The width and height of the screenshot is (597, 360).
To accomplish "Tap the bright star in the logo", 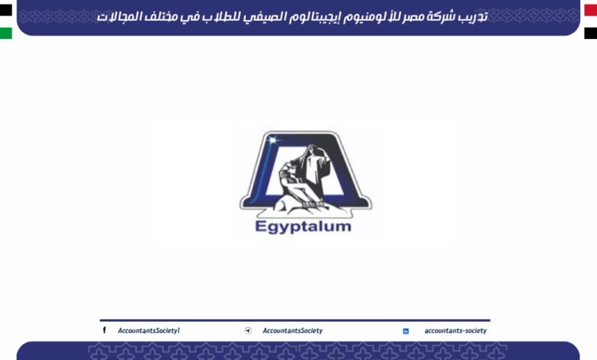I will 275,140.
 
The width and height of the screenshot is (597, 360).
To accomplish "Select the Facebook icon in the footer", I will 105,330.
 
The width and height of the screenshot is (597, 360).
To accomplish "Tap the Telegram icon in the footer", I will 248,331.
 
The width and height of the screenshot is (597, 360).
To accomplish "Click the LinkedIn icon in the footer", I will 406,331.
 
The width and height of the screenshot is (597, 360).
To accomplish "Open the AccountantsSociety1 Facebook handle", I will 148,331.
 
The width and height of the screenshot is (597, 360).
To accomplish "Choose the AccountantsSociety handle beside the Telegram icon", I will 292,331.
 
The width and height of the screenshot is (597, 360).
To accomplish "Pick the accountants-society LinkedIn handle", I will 455,331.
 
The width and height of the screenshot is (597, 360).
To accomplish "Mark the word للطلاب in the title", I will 200,16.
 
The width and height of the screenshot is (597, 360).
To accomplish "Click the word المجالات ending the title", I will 121,16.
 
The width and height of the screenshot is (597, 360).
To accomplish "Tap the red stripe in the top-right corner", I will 590,9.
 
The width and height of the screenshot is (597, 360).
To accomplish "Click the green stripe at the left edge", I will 6,33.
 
